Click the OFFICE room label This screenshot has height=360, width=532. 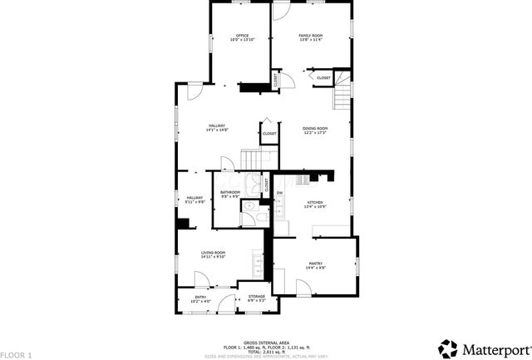click(x=243, y=36)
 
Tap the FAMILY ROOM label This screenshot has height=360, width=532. click(x=311, y=36)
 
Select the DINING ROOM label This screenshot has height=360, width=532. click(x=315, y=128)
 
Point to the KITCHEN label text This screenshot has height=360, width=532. click(x=315, y=202)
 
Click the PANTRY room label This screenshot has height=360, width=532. click(x=315, y=263)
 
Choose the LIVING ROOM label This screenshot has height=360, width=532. click(x=214, y=253)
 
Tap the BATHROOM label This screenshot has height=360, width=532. click(x=230, y=193)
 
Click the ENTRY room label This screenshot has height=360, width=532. click(x=200, y=297)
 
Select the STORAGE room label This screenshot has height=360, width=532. click(x=256, y=296)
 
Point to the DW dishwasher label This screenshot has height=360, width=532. click(x=280, y=193)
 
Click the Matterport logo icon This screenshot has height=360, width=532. click(x=449, y=347)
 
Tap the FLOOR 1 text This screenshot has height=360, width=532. click(x=16, y=355)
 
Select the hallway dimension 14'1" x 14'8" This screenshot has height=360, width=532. click(x=218, y=131)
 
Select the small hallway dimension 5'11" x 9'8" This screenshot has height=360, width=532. click(x=195, y=201)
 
